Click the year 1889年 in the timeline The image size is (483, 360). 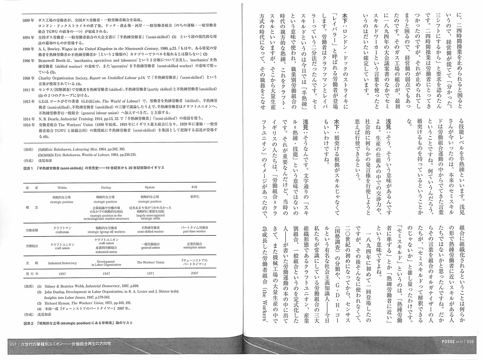(28, 20)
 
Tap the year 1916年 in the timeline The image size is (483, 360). (28, 125)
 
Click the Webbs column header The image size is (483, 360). (62, 187)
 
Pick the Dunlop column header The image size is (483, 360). (106, 187)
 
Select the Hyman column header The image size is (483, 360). (150, 187)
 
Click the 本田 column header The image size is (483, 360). (194, 187)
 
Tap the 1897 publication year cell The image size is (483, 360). (62, 274)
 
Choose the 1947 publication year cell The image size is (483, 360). (106, 274)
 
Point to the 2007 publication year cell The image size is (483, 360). (194, 273)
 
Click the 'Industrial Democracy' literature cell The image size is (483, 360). (62, 263)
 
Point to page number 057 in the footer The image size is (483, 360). (13, 344)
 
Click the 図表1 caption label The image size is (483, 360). (28, 168)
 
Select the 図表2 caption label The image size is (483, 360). (28, 323)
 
